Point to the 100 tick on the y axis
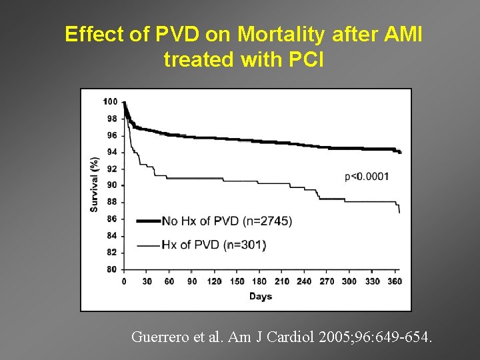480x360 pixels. (x=110, y=101)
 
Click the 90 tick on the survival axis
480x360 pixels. (x=112, y=185)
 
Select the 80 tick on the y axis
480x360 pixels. (x=112, y=269)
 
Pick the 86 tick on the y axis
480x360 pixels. (x=112, y=219)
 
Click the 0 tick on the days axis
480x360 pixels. (x=123, y=281)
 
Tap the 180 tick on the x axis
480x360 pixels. (x=259, y=281)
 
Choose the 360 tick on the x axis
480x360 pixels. (x=394, y=281)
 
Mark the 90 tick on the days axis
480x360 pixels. (x=191, y=281)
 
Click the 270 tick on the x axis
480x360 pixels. (x=327, y=281)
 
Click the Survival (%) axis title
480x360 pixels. (x=95, y=185)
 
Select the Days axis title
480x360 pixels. (x=261, y=296)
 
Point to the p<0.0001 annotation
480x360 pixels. (x=367, y=177)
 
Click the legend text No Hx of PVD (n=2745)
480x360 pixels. (x=227, y=221)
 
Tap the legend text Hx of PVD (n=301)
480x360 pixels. (x=214, y=245)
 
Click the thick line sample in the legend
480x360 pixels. (x=148, y=221)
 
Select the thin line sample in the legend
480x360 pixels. (x=148, y=245)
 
